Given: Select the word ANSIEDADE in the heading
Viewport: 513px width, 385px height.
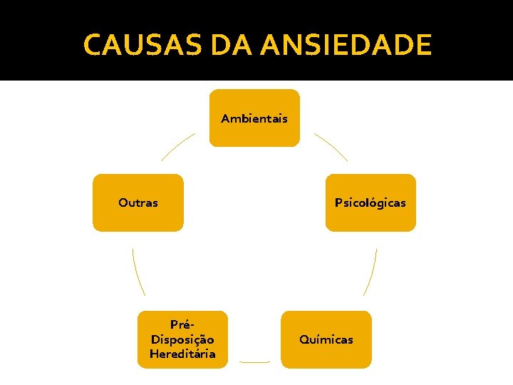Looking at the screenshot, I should (346, 45).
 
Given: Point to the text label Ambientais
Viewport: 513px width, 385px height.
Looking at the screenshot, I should (254, 118).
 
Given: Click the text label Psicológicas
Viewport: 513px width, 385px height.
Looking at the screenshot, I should (370, 202).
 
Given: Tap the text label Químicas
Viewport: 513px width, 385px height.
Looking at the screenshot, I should (326, 339).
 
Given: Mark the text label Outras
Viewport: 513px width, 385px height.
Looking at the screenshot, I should (138, 202).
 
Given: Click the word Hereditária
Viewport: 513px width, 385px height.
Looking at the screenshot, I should (182, 354).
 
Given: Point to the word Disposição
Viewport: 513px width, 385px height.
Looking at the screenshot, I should (182, 339).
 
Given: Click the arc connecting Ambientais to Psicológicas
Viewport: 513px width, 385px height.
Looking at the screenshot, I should (332, 145).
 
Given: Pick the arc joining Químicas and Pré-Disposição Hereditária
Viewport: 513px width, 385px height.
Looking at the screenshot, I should (254, 362).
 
